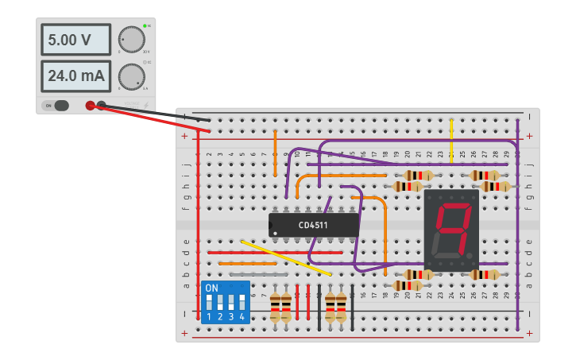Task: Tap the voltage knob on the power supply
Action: (x=131, y=39)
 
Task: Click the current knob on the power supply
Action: (x=131, y=76)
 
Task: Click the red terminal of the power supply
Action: (x=91, y=105)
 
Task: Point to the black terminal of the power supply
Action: (x=102, y=104)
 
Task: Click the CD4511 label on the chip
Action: (x=313, y=226)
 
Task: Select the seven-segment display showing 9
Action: (x=451, y=230)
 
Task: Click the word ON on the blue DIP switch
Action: (x=211, y=288)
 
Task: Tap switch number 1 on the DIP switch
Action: (x=209, y=304)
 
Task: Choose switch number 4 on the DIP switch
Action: (x=242, y=304)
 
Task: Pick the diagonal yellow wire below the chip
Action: (x=286, y=257)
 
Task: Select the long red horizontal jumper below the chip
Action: (x=275, y=253)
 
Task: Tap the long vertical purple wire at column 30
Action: (x=517, y=223)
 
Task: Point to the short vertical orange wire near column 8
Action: (x=275, y=154)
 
